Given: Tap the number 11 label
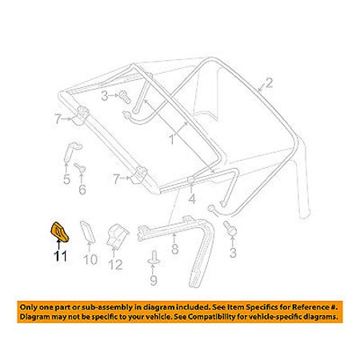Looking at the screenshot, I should click(x=61, y=258).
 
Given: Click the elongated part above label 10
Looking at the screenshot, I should click(x=87, y=234).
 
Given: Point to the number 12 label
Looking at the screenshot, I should click(x=115, y=265).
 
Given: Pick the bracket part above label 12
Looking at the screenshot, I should click(x=117, y=237).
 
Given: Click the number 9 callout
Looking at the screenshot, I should click(x=152, y=281).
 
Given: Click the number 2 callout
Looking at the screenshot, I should click(x=269, y=82).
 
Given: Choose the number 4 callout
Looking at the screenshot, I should click(x=191, y=198).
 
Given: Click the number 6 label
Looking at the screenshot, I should click(x=81, y=190).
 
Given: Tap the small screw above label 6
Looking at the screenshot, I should click(x=81, y=167).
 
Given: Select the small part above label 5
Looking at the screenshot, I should click(x=69, y=152).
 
